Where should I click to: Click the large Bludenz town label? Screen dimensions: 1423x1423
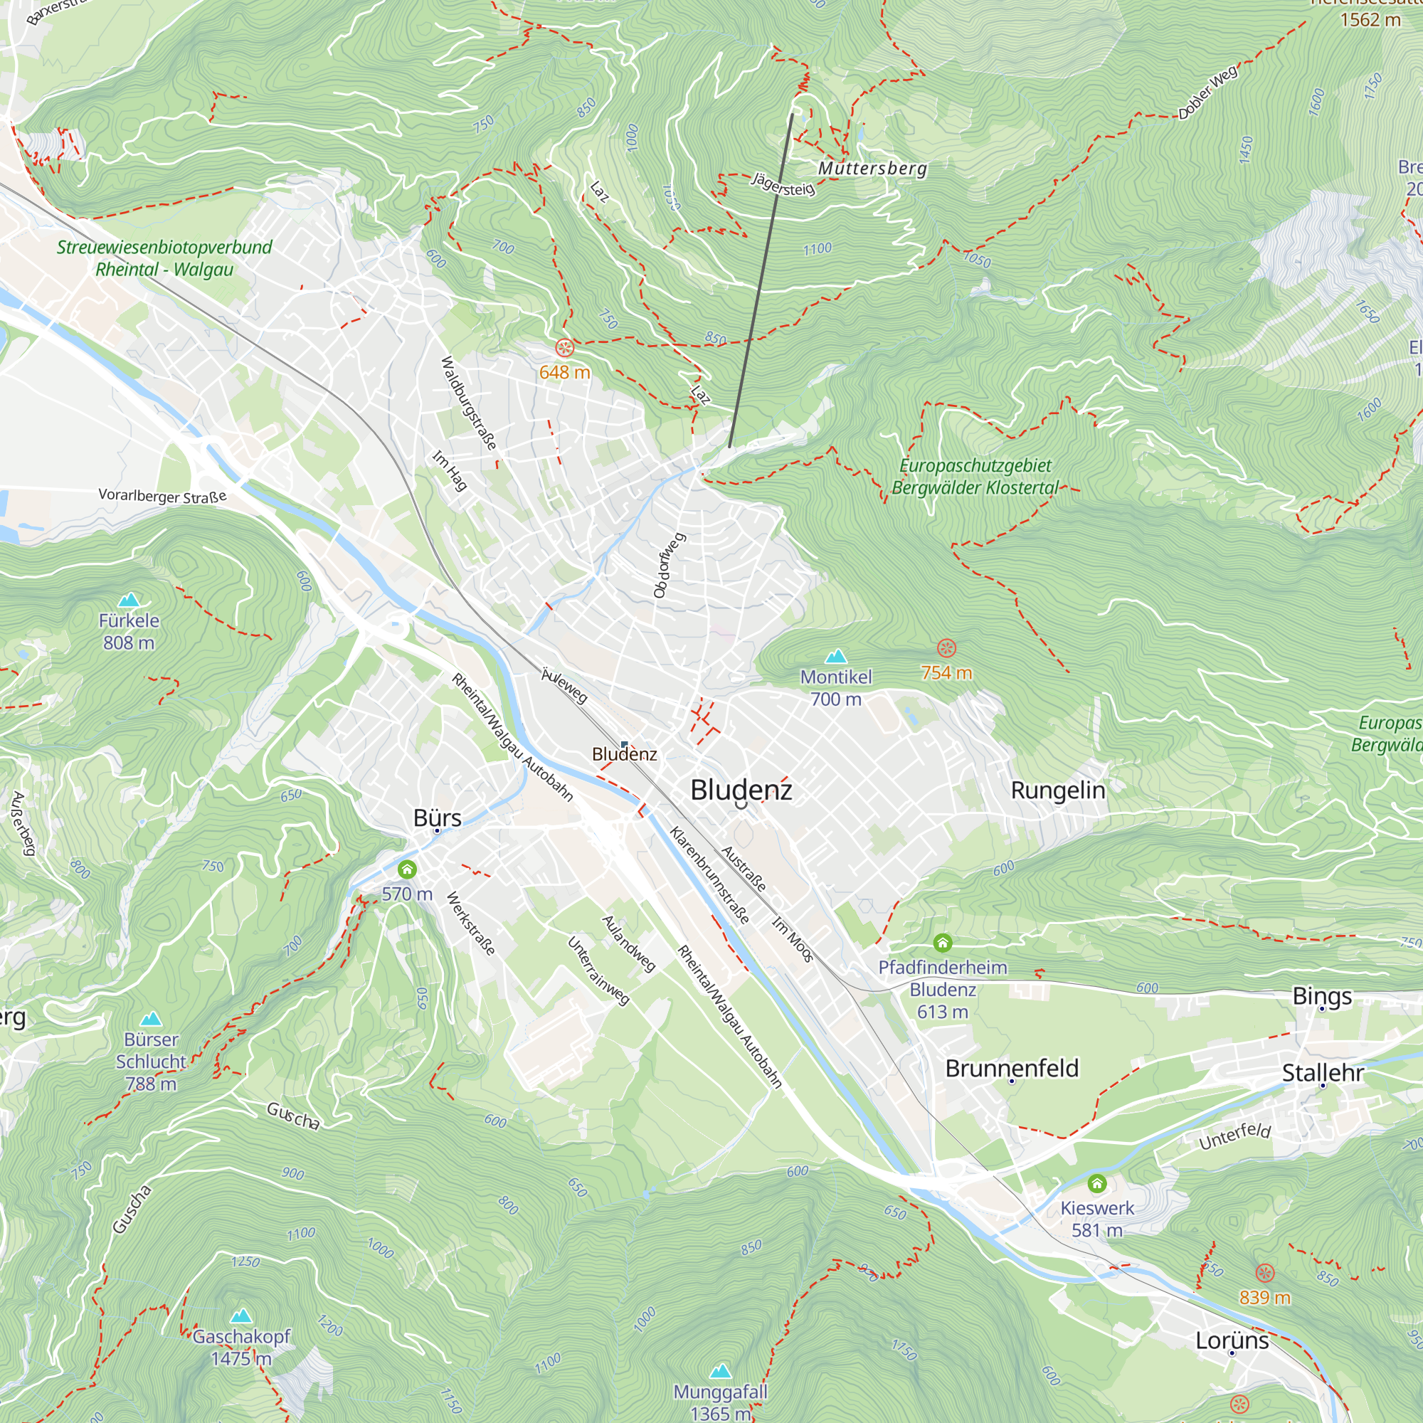point(741,790)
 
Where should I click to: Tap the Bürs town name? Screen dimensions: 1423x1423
point(437,818)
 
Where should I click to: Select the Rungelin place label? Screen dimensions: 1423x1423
point(1058,790)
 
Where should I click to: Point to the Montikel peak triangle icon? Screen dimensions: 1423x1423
point(835,655)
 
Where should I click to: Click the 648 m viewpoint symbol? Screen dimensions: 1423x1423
point(565,348)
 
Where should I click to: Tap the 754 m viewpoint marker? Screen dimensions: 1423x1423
point(946,648)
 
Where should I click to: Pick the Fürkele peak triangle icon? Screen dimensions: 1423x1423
point(129,600)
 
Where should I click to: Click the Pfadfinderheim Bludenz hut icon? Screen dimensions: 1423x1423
point(943,942)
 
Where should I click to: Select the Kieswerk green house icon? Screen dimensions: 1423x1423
point(1096,1184)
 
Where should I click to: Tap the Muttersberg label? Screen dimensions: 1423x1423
point(872,169)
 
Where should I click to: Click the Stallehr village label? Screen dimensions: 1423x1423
point(1323,1072)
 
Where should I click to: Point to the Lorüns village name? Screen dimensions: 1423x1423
point(1232,1340)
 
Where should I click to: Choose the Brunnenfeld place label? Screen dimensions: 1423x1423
point(1011,1068)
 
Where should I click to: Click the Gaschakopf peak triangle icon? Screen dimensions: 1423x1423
point(241,1316)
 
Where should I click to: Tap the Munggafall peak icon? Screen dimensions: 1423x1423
point(720,1371)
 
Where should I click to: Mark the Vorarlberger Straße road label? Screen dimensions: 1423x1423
point(163,496)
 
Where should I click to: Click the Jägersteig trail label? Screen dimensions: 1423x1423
point(783,184)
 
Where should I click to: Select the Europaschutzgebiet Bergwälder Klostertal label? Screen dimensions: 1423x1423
point(975,477)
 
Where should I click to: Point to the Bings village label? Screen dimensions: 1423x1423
point(1322,996)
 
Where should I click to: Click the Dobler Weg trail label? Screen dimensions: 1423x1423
point(1208,92)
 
